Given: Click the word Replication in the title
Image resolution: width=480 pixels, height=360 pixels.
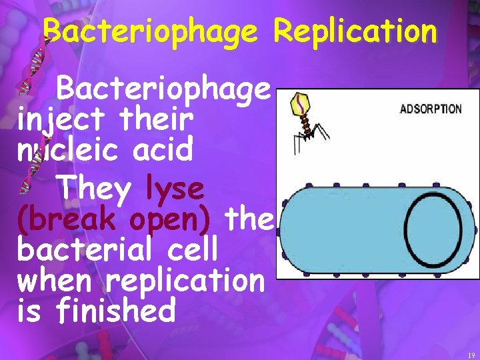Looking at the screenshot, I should [x=356, y=31].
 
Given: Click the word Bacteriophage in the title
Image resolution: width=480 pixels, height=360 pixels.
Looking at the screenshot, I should [x=149, y=31].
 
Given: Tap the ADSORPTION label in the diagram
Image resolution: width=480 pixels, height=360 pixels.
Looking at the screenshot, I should [x=430, y=109].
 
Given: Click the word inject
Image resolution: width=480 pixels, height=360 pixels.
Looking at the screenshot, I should [x=61, y=121].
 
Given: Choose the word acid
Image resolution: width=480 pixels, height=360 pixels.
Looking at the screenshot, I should [x=163, y=151].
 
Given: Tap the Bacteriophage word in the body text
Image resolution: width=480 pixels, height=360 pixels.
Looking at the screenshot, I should [x=164, y=90].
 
